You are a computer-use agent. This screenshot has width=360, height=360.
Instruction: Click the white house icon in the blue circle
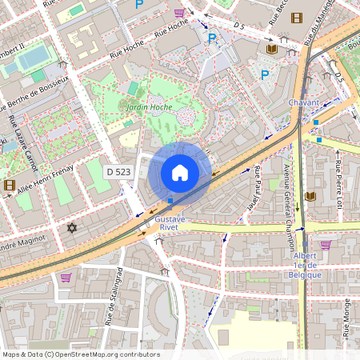180,172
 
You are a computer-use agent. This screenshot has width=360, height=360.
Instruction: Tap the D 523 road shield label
119,171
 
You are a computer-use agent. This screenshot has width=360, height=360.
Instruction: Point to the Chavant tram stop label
305,102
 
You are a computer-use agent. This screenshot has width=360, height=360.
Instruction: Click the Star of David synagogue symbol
71,229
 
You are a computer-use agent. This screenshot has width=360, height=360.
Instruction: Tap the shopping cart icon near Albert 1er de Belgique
326,245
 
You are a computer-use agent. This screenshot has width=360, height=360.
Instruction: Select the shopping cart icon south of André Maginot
66,278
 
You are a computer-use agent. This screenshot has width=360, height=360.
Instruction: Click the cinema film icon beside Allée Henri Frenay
9,185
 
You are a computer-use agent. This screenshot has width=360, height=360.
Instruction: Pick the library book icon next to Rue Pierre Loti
310,196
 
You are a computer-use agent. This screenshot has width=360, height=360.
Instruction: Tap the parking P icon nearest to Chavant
264,74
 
